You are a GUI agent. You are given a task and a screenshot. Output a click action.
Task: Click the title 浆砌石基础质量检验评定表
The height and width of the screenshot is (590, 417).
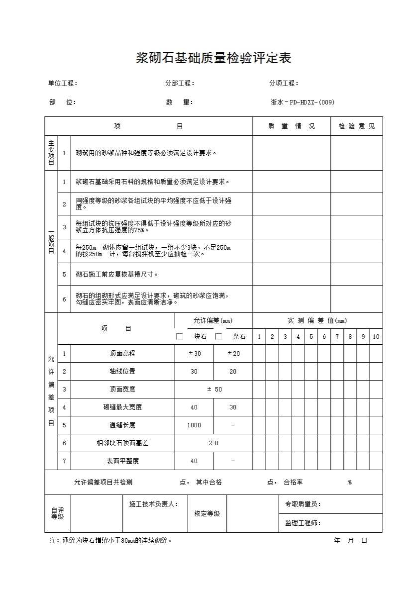pos(213,58)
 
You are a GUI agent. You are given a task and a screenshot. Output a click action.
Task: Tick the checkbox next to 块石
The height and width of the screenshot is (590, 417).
pos(180,336)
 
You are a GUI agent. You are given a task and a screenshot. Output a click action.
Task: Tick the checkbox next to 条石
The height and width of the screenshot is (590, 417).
pos(218,336)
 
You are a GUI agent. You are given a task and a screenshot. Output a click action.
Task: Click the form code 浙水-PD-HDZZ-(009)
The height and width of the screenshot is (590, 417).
pos(303,102)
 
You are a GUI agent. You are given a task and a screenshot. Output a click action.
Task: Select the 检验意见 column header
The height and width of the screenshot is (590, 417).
pos(357,126)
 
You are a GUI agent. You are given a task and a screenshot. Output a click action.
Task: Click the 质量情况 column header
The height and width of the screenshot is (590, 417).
pos(292,126)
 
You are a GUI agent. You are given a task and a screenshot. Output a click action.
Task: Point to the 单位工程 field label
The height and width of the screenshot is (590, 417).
pos(62,84)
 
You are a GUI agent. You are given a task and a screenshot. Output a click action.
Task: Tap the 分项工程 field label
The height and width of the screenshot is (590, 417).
pos(284,84)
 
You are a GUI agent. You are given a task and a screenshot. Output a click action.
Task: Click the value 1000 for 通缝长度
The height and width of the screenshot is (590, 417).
pos(194,425)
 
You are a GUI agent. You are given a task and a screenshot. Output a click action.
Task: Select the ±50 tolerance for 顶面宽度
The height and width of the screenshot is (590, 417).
pos(213,390)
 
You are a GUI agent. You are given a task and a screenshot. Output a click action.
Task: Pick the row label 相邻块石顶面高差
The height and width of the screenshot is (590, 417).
pos(122,443)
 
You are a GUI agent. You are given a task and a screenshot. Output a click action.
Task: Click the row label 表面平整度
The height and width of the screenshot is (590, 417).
pos(122,461)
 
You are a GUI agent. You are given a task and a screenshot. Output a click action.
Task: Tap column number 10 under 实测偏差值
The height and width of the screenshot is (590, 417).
pos(376,337)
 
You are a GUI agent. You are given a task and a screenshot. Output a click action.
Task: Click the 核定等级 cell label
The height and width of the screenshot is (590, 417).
pos(207,514)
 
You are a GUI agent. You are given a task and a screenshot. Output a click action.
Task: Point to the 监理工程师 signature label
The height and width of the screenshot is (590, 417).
pos(303,523)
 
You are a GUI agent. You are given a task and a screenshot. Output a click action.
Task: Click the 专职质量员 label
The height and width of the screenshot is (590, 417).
pos(303,504)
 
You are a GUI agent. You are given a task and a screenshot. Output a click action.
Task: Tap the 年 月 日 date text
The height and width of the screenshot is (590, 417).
pos(350,541)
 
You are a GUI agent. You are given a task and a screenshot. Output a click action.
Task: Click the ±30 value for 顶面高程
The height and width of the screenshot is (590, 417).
pos(194,354)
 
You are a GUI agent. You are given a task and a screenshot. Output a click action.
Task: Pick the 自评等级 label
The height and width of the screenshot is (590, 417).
pos(58,513)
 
